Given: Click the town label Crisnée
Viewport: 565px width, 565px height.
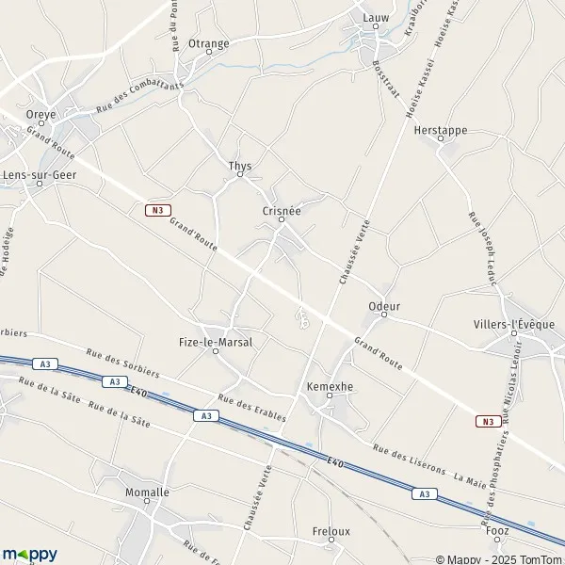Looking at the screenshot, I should (282, 211).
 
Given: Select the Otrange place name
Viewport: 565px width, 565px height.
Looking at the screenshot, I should (208, 43).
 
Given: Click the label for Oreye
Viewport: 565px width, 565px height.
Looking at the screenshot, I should (41, 114).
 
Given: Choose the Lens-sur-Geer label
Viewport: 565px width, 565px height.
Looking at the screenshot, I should (39, 174).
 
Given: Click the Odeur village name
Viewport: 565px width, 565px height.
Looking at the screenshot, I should (384, 306).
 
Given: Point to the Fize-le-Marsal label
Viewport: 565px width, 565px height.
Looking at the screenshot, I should (216, 342).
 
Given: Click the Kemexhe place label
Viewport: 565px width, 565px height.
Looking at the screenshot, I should (330, 386).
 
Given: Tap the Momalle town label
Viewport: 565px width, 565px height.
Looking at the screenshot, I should (147, 492).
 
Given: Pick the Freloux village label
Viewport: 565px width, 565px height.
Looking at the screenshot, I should (331, 531).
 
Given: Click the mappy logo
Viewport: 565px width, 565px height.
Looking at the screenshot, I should (29, 554).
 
